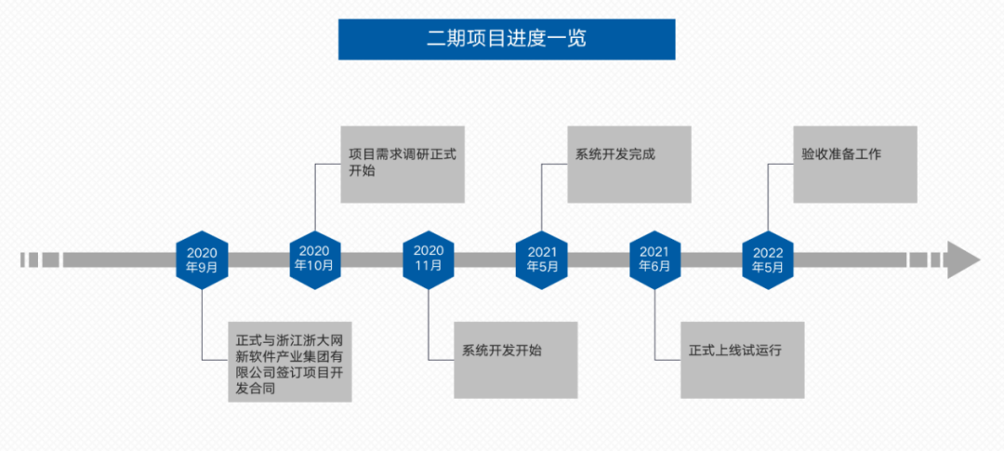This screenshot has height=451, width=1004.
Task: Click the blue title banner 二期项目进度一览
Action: [507, 39]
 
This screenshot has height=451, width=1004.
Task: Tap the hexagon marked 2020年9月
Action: [202, 259]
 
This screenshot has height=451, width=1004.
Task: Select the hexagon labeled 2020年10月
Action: [315, 259]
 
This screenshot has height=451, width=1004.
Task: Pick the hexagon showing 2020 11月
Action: [429, 259]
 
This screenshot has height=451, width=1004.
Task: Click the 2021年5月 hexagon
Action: [542, 259]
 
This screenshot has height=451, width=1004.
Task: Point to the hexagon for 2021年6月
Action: [655, 259]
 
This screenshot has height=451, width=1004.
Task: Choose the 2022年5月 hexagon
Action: [768, 259]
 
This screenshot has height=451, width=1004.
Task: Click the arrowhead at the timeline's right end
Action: [962, 259]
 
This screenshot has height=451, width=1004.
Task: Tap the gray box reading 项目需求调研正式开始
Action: [403, 164]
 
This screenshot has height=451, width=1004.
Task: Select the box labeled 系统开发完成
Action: [629, 164]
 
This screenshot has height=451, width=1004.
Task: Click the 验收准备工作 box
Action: [855, 164]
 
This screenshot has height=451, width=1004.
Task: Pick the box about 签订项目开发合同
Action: [290, 362]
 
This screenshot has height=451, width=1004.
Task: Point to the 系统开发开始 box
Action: [516, 360]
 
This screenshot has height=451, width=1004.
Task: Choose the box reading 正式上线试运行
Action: [742, 360]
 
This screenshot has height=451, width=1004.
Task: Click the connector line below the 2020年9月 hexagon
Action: [203, 325]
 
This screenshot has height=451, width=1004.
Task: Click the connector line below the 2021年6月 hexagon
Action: [656, 325]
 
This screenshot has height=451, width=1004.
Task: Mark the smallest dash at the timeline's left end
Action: [21, 259]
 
